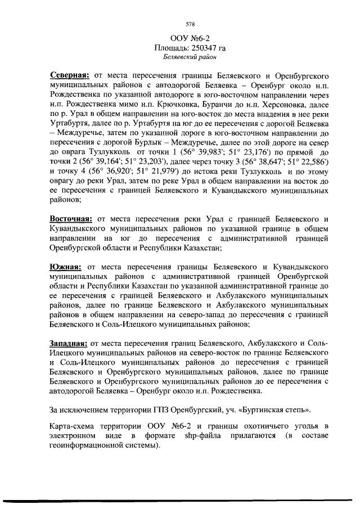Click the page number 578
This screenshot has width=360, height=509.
pos(190,24)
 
